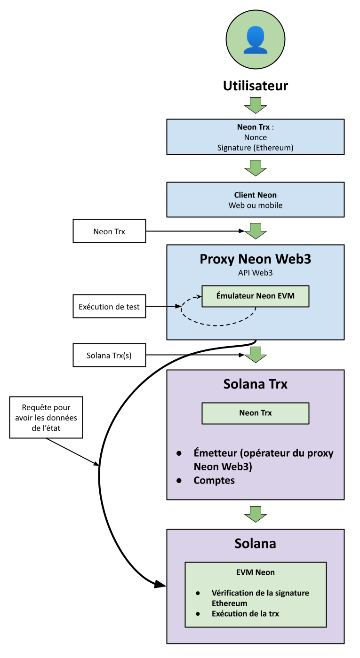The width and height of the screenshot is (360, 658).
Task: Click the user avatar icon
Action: (256, 40)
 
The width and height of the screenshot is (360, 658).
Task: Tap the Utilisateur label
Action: (256, 86)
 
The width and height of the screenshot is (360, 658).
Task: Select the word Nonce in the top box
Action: (256, 137)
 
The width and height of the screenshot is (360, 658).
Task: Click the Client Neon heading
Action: (256, 195)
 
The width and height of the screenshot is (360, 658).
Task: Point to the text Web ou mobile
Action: (256, 206)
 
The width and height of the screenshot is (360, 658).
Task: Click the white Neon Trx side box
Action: (109, 231)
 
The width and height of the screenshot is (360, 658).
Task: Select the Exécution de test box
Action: (109, 307)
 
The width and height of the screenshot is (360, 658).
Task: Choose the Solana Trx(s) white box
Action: (109, 355)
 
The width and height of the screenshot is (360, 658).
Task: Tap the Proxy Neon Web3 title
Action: (256, 259)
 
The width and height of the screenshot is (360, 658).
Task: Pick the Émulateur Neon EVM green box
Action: (256, 296)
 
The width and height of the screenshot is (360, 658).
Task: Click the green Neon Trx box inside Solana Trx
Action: (256, 413)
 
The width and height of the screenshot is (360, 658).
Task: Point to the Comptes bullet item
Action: (214, 481)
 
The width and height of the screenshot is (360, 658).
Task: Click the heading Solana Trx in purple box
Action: (256, 384)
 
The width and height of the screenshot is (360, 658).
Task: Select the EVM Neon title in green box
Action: (256, 572)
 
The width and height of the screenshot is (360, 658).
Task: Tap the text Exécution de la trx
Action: (245, 614)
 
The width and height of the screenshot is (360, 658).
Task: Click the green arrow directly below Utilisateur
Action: (256, 105)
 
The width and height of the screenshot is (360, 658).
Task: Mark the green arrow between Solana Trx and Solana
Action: (256, 514)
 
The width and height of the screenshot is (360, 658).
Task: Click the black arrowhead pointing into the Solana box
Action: (160, 584)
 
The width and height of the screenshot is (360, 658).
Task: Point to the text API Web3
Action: (256, 272)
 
